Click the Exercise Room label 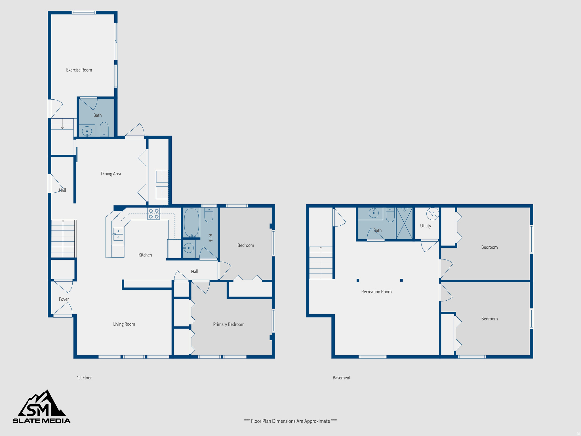[x=79, y=70]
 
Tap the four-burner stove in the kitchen [x=153, y=214]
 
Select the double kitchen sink [x=118, y=234]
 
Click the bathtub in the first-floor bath [x=191, y=223]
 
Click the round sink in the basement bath [x=373, y=213]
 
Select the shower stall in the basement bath [x=404, y=223]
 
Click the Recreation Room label [x=376, y=292]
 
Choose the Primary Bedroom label [x=229, y=324]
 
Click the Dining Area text [x=111, y=173]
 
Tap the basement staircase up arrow [x=321, y=248]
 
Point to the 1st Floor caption [x=84, y=378]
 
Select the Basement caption [x=341, y=378]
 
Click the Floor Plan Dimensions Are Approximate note [x=290, y=421]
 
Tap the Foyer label [x=64, y=299]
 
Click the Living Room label [x=124, y=324]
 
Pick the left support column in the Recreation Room [x=358, y=280]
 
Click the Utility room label [x=425, y=226]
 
